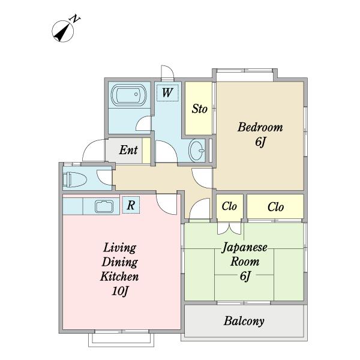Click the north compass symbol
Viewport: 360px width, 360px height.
(62, 31)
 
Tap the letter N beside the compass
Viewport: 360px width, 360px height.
(76, 19)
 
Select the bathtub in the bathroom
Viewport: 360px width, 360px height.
(128, 95)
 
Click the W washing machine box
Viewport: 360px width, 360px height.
(167, 92)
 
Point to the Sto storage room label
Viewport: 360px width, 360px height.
(200, 109)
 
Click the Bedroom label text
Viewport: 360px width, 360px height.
(260, 127)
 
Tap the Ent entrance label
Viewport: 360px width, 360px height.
(128, 150)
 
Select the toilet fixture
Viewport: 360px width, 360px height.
(74, 179)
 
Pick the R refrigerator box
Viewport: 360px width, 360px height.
(131, 205)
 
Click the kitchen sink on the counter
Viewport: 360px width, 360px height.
(104, 206)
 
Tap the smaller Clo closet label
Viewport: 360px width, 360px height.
(229, 206)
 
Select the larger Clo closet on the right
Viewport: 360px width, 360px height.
(275, 206)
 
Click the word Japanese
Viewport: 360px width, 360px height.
(245, 248)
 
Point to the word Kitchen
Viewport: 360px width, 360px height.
(119, 277)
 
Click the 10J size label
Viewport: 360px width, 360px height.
(119, 291)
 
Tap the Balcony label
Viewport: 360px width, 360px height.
(244, 321)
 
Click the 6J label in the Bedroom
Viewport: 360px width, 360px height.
(260, 142)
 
